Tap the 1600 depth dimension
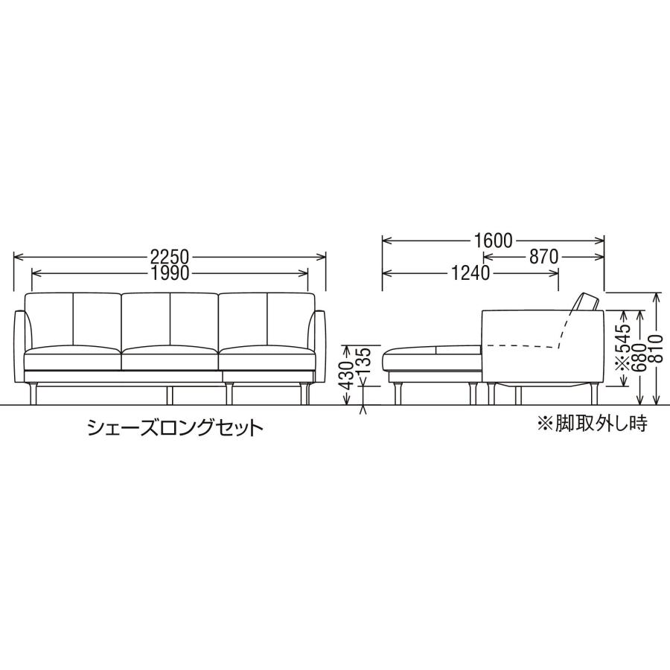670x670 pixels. (x=492, y=240)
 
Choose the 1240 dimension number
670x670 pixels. (x=470, y=273)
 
